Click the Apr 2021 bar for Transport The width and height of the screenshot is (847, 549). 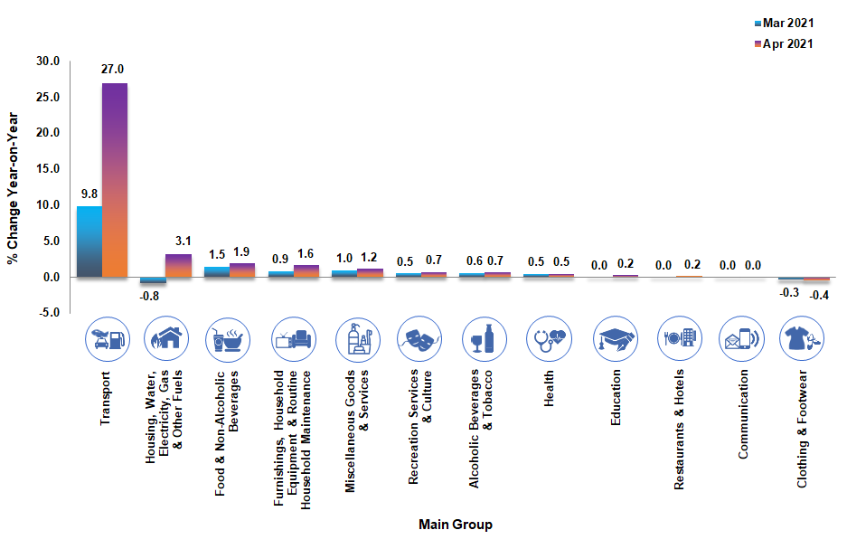(115, 180)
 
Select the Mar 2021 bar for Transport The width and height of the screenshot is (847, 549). (89, 241)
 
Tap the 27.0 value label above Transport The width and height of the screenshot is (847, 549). (115, 69)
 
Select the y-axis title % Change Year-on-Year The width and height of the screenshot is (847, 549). (14, 187)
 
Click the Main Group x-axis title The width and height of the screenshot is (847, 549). (456, 525)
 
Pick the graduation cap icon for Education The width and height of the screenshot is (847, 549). (614, 340)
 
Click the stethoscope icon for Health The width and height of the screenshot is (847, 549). (550, 340)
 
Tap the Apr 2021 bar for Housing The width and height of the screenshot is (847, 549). (179, 266)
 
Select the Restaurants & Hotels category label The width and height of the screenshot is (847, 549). (679, 430)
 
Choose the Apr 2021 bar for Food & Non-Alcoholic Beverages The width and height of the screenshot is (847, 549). (243, 270)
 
